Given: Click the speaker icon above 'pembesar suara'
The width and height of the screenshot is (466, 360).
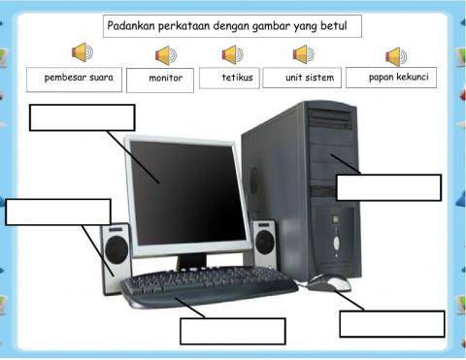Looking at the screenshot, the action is (83, 52).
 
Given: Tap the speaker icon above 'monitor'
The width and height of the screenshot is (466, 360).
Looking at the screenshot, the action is (166, 54).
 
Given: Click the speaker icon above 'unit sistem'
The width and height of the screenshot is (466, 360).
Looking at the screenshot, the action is (304, 53).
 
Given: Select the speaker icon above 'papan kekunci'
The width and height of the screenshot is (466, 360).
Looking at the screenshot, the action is (395, 55).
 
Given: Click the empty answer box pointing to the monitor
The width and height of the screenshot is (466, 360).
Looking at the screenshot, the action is (82, 116).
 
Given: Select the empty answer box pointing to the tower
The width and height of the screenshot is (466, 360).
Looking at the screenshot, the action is (388, 187).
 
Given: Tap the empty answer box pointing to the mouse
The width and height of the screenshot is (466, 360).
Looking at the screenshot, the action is (391, 323).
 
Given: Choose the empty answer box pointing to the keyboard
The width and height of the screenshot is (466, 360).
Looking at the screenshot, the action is (232, 330).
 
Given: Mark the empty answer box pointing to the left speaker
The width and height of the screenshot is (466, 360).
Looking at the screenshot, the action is (58, 211).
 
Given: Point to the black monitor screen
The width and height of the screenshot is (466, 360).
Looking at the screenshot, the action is (183, 190).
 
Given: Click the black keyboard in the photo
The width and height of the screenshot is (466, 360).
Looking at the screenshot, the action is (209, 287).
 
